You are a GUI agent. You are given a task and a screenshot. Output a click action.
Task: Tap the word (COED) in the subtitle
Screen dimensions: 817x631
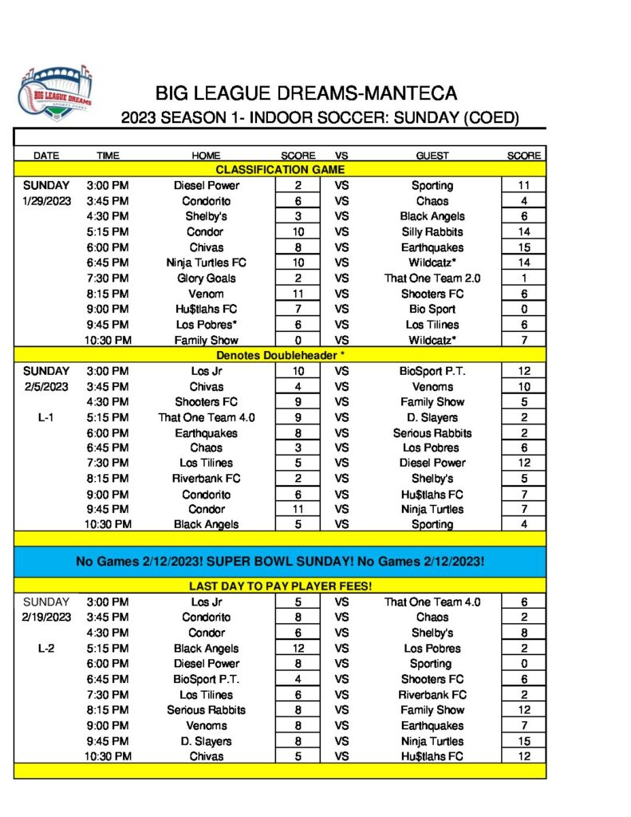(x=490, y=118)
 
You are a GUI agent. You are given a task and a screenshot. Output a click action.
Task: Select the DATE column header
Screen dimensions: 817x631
(x=45, y=156)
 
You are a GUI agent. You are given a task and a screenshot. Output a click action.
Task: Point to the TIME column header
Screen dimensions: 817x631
(x=108, y=156)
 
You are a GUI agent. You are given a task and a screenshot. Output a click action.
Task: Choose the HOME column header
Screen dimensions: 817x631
(x=206, y=156)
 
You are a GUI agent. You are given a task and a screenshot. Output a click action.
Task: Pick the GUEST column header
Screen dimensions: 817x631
(x=432, y=156)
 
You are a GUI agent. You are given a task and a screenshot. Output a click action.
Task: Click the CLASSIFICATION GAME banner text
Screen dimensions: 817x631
(x=279, y=170)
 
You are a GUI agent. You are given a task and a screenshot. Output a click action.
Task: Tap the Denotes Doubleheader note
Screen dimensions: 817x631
(x=279, y=355)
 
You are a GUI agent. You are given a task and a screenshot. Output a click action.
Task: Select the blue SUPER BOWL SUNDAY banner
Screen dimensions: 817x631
(x=279, y=562)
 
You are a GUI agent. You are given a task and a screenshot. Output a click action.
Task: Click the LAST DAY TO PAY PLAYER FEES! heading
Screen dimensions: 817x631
(x=279, y=586)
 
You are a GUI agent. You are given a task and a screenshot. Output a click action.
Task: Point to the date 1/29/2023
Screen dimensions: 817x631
(x=45, y=201)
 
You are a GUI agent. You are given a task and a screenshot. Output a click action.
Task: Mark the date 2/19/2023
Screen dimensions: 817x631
(x=45, y=617)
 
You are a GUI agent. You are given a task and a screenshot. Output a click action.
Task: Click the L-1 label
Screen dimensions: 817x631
(x=45, y=416)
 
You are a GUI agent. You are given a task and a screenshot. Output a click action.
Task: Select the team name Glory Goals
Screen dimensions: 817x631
(x=206, y=278)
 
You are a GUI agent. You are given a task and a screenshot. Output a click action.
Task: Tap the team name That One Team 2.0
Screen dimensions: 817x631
(x=432, y=278)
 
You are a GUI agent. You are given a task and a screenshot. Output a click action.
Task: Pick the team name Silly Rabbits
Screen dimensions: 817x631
(x=432, y=231)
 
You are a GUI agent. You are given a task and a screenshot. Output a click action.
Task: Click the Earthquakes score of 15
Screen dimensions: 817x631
(x=524, y=247)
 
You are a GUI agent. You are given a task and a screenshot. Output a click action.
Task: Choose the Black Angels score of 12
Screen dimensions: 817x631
(x=297, y=648)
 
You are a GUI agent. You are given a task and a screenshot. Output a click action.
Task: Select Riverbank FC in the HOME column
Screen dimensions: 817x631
(x=206, y=479)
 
